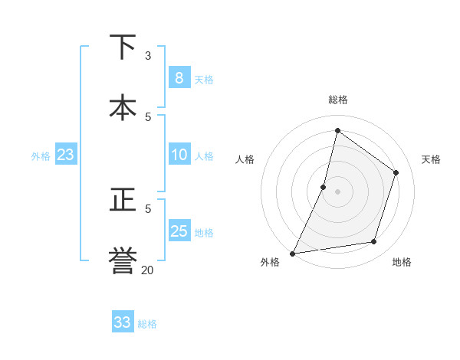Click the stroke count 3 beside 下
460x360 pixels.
tap(148, 56)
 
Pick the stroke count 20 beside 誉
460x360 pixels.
tap(147, 269)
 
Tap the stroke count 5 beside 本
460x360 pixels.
tap(148, 116)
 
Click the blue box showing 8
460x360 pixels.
tap(179, 78)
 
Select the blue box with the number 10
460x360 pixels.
tap(179, 155)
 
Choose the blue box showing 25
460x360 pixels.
tap(179, 231)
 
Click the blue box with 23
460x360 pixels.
tap(65, 155)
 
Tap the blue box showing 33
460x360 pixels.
tap(122, 322)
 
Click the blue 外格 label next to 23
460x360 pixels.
tap(41, 156)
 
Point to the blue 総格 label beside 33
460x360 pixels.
tap(147, 324)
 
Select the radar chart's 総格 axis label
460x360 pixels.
tap(337, 100)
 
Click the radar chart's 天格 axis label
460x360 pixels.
tap(431, 159)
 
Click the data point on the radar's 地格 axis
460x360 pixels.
tap(374, 242)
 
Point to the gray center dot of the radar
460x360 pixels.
tap(337, 191)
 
